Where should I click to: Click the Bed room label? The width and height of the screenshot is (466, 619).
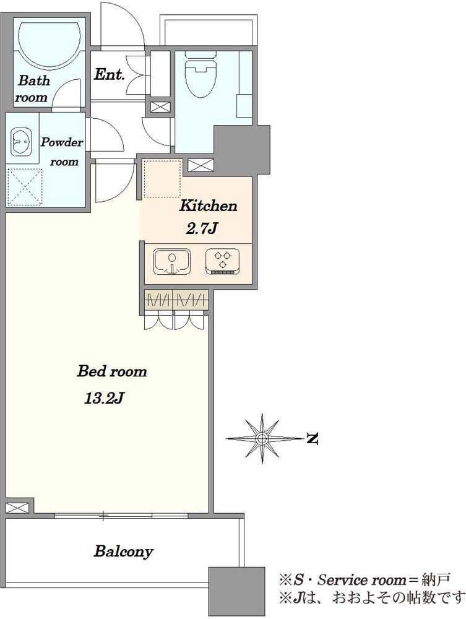coord(112,371)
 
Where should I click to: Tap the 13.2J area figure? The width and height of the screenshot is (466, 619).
coord(104,399)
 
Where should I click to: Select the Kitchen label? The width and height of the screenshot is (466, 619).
coord(209,206)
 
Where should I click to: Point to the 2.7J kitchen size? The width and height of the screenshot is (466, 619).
coord(202,228)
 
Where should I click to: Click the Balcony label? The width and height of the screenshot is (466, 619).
coord(123,552)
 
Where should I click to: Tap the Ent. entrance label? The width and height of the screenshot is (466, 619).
coord(110,75)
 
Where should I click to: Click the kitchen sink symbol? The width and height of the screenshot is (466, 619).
coord(171,261)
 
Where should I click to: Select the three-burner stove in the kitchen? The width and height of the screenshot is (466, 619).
coord(223,261)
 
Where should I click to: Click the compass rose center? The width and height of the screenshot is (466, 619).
coord(262,438)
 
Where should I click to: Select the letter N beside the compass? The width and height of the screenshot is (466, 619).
coord(312,439)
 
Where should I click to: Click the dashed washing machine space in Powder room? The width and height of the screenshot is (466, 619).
coord(25,187)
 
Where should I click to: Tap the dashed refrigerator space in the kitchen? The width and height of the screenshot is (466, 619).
coord(162,178)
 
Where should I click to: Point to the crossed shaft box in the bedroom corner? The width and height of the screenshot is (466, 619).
coord(17,508)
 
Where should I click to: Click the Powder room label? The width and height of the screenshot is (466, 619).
coord(62,152)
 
